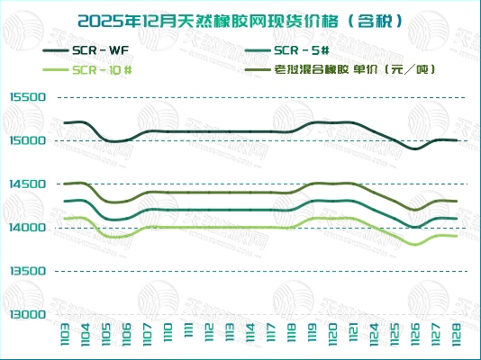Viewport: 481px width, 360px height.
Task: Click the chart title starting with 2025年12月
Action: pos(240,19)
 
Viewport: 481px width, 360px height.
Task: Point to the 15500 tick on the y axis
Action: pos(27,97)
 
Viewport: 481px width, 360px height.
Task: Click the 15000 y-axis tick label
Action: pos(27,140)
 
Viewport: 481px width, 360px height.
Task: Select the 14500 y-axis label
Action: pos(27,184)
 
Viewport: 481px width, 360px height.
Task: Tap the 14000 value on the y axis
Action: pos(27,228)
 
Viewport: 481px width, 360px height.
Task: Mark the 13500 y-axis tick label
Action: pos(27,271)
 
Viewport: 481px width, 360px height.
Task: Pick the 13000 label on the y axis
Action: pos(27,314)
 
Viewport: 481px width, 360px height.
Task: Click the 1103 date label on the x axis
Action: pos(66,338)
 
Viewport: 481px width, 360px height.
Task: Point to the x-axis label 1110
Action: pos(168,338)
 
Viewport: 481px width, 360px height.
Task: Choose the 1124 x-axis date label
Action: pos(375,338)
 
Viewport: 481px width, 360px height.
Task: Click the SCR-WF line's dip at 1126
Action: pos(415,148)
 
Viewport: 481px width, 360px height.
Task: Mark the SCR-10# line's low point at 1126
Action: pos(415,244)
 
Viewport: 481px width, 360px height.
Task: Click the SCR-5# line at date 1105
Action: pos(106,219)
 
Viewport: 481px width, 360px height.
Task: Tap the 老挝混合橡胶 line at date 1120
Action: pos(334,184)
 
